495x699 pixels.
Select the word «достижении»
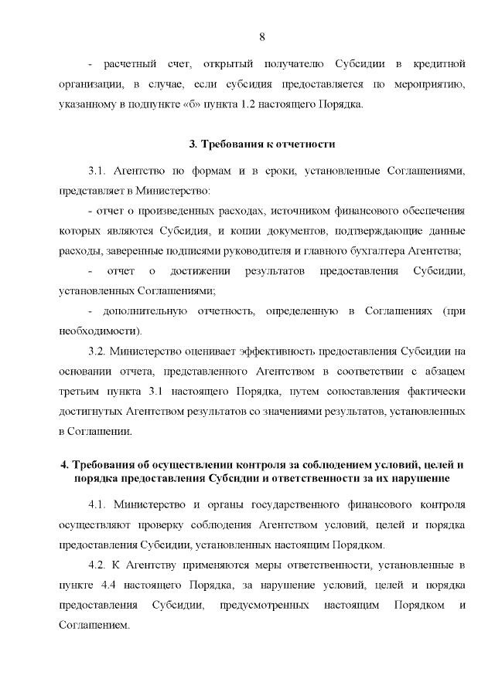coord(198,271)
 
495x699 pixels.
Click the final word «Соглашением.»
coord(92,626)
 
